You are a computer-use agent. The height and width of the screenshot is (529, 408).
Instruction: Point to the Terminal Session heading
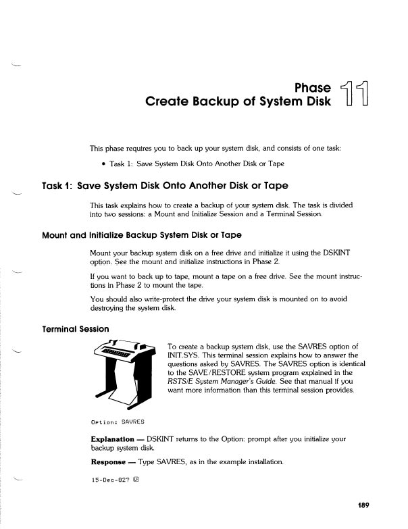[76, 329]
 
